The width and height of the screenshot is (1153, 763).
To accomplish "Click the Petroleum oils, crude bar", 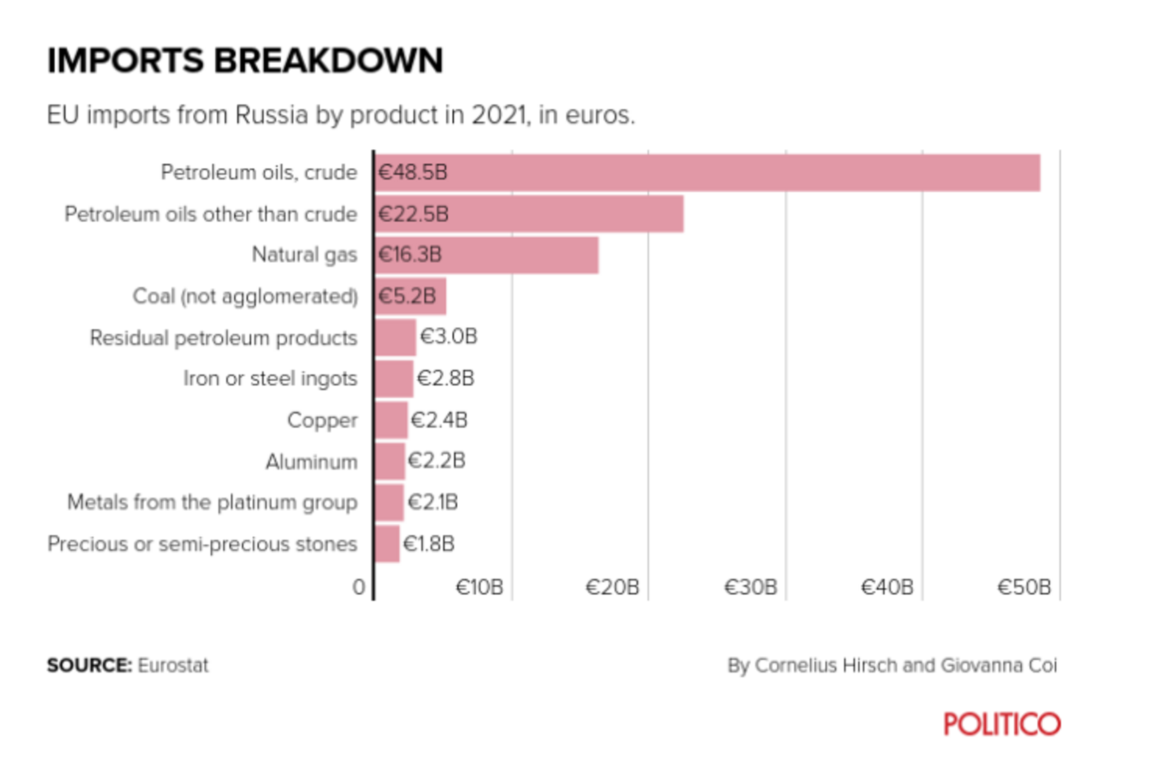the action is pos(708,172).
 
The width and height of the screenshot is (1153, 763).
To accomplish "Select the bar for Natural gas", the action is pos(487,255).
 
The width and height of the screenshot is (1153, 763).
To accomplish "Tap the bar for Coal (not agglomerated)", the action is pos(410,296).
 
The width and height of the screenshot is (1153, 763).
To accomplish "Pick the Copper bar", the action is pos(391,420).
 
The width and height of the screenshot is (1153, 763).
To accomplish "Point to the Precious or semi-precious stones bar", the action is pos(387,544).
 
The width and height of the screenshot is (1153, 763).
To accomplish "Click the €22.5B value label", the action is pos(413,214).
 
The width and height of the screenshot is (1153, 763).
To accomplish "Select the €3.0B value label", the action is pos(449,337).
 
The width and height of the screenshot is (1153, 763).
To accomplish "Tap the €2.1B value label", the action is pos(432,502).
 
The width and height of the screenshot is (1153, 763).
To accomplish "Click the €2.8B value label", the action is pos(446,379).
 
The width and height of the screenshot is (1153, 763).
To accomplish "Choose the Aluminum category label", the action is pos(312,462).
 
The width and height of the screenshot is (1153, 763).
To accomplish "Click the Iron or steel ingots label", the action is pos(270,379).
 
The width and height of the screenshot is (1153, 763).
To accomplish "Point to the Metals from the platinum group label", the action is pos(212,502).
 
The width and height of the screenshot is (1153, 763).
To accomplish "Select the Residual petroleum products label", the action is pos(223,338).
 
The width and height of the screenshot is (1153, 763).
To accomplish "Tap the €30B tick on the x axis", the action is pos(750,587).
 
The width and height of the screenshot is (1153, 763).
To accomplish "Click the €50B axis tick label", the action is pos(1024,587).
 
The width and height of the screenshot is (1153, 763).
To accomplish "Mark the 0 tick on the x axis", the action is pos(360,587).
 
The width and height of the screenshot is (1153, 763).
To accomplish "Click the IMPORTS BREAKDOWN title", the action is pos(245,61).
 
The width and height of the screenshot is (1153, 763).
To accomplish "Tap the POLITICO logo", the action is pos(1003,724).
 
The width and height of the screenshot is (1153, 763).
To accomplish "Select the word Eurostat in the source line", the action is pos(173,666).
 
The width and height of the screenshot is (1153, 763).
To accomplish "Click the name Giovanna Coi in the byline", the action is pos(999,666).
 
